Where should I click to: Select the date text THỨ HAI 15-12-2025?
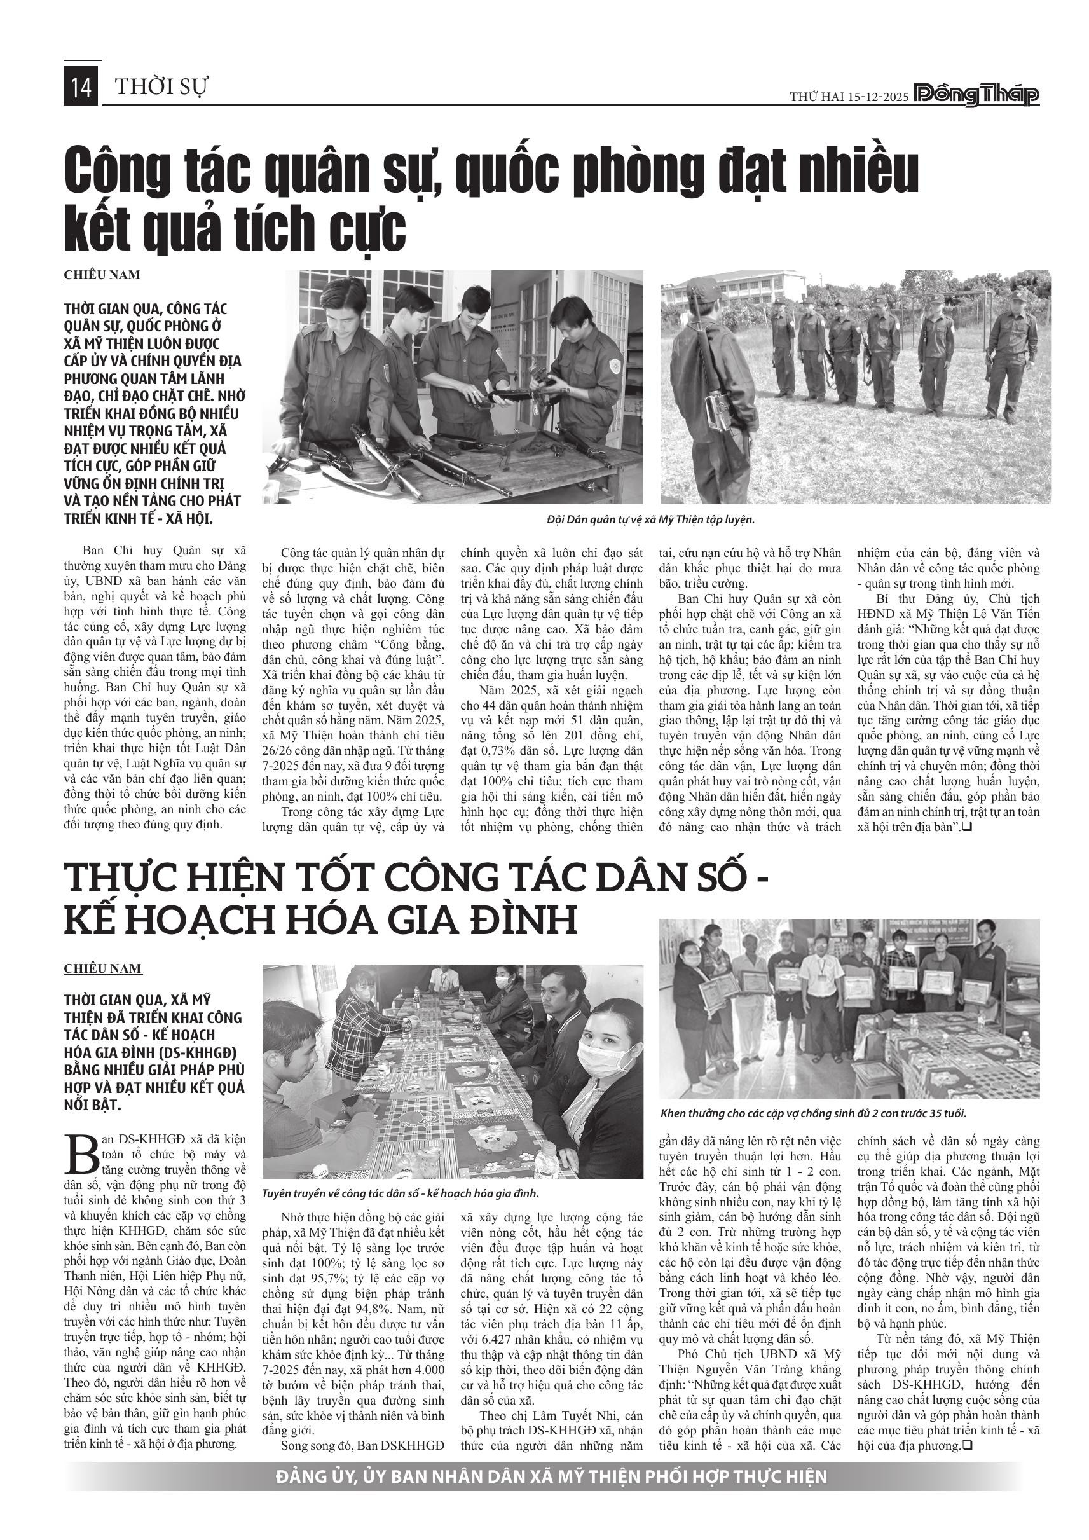click(x=848, y=97)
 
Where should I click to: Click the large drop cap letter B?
click(x=81, y=1153)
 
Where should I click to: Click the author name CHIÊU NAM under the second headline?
click(x=102, y=968)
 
